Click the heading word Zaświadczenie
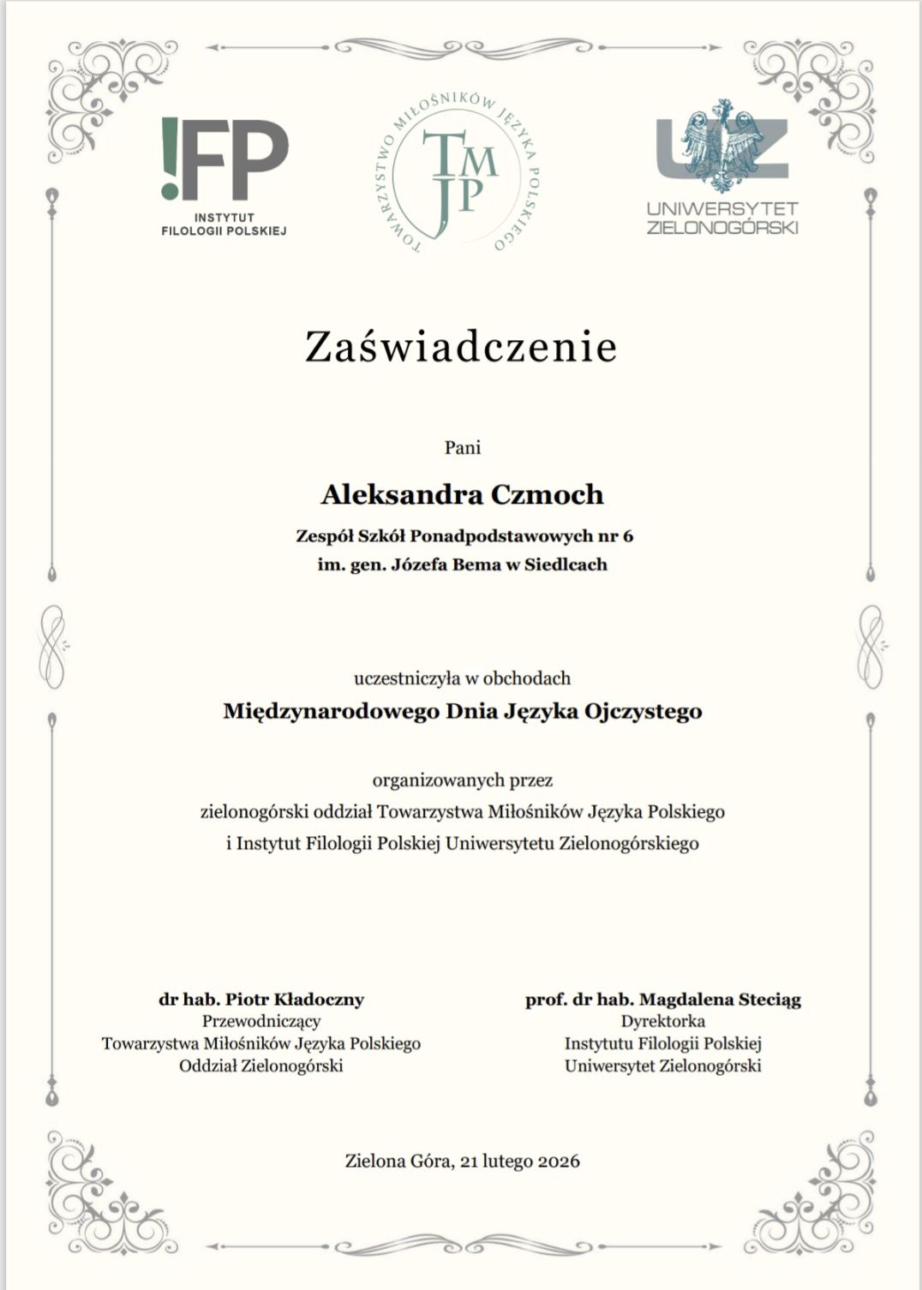click(461, 347)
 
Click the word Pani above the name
click(462, 446)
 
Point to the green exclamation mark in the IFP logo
click(169, 158)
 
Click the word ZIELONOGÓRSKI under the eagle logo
click(722, 228)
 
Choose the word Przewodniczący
click(261, 1021)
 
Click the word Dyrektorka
click(662, 1021)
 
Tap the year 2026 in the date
click(557, 1162)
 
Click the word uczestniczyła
click(407, 678)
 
